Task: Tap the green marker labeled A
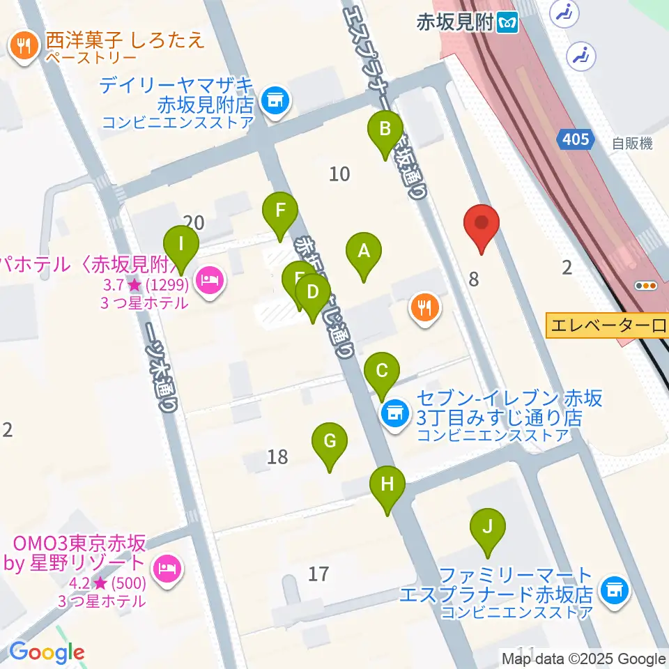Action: pos(363,251)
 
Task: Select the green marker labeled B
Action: pos(385,130)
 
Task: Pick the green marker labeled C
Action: pos(382,370)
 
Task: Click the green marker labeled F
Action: pos(280,210)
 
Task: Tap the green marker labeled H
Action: pos(388,484)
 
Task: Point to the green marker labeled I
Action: pos(181,245)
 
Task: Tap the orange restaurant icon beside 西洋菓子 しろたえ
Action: pos(24,47)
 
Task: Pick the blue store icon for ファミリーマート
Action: pos(615,590)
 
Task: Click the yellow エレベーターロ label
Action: pos(607,325)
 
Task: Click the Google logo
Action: pos(46,652)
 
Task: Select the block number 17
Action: pos(318,574)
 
